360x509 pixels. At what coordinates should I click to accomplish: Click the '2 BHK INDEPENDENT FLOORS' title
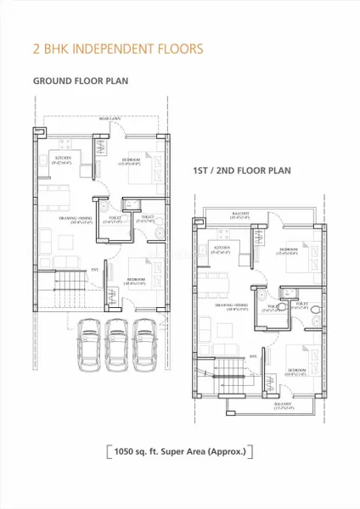click(117, 48)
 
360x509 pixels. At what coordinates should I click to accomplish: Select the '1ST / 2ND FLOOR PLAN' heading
click(242, 171)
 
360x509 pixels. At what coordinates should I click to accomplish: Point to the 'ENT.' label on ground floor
click(94, 271)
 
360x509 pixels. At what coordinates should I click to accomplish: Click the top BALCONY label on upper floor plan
click(242, 215)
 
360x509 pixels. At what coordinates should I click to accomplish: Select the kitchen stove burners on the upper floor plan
click(204, 247)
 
